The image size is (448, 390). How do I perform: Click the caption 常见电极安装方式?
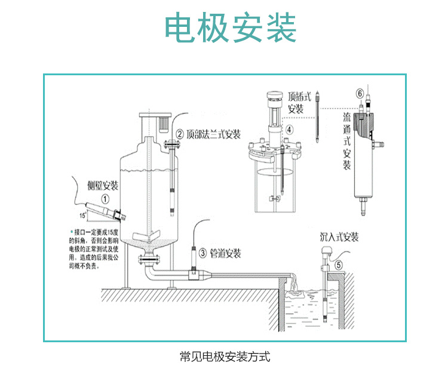(x=225, y=357)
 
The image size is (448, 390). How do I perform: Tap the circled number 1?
(x=105, y=199)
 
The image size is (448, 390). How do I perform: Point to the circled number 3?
(x=202, y=253)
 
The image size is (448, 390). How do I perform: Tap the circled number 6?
(x=360, y=94)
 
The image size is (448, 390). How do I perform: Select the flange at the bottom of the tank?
(x=148, y=259)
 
